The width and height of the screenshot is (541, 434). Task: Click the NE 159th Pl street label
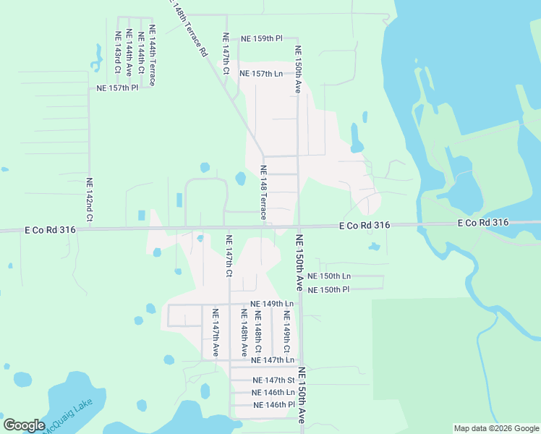(x=262, y=38)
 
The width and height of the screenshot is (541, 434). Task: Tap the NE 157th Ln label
(x=260, y=74)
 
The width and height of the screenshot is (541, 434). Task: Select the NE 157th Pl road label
(x=117, y=88)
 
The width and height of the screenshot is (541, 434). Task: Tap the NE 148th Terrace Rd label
(x=190, y=29)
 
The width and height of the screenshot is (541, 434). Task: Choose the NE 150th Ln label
(x=328, y=276)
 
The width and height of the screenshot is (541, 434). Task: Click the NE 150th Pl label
(x=328, y=289)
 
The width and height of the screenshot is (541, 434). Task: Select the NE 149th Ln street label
(x=272, y=304)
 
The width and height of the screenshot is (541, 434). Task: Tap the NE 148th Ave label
(x=244, y=331)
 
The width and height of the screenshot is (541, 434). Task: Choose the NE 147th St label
(x=274, y=380)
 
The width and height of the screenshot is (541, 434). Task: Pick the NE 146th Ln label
(x=274, y=392)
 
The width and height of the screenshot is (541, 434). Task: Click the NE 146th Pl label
(x=274, y=405)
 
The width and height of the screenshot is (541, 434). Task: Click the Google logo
(x=24, y=425)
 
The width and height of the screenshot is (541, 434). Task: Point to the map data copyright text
(x=495, y=428)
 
